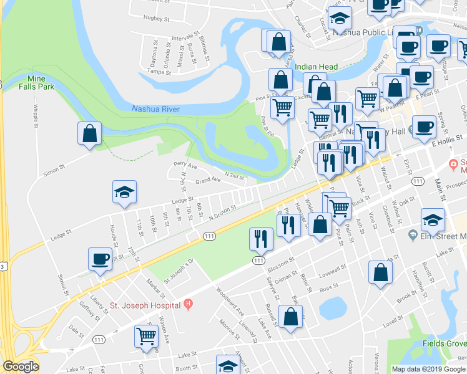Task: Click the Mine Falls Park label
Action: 43,84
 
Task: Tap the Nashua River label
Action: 155,109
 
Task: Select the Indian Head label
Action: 316,67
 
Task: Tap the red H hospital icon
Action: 188,305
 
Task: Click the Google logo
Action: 21,367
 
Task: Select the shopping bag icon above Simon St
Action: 89,133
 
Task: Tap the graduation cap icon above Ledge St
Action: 124,192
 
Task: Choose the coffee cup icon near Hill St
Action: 100,259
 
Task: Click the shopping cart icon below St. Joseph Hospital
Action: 146,336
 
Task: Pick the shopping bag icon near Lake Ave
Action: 291,317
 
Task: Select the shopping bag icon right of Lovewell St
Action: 380,272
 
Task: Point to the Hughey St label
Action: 156,19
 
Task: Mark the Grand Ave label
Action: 208,181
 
